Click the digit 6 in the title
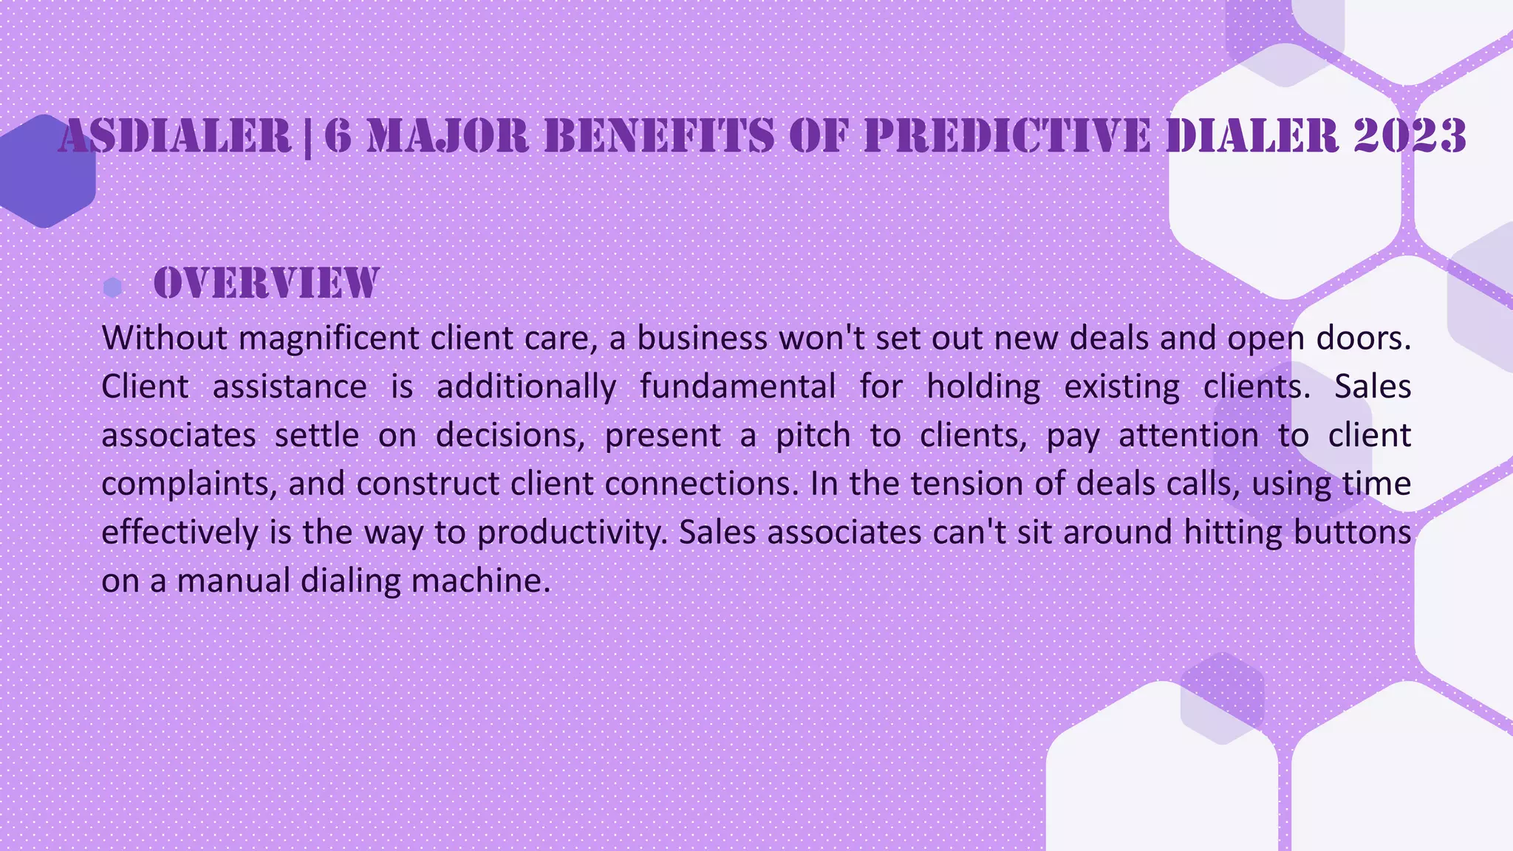pyautogui.click(x=337, y=137)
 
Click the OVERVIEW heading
pyautogui.click(x=266, y=284)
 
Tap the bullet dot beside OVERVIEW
pyautogui.click(x=112, y=287)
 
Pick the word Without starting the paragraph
pyautogui.click(x=164, y=338)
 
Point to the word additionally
pyautogui.click(x=526, y=386)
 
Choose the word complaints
pyautogui.click(x=188, y=484)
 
